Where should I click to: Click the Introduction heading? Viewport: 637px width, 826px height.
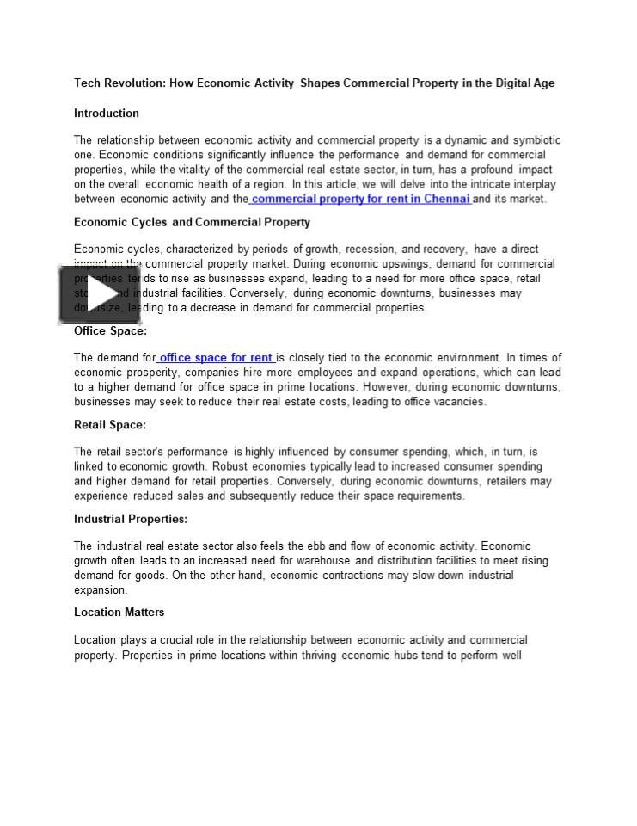pos(106,113)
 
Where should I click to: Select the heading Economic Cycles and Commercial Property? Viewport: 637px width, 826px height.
pos(192,222)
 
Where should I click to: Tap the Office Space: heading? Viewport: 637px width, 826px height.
pos(110,330)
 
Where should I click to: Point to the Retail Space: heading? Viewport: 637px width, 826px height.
pos(110,424)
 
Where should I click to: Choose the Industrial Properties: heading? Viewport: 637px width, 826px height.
pos(131,519)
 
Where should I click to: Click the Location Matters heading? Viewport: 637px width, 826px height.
pos(119,612)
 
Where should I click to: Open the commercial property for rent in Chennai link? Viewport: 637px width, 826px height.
pos(360,199)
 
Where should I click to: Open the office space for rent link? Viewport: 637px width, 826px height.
pos(217,358)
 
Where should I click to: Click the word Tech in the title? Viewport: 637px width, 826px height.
pos(87,83)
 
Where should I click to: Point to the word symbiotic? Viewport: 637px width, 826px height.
pos(537,140)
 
